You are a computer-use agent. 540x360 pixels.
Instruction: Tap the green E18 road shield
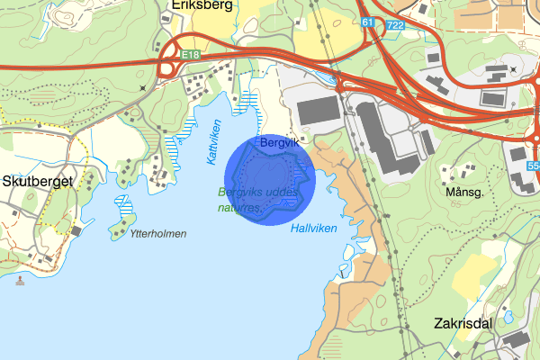click(x=189, y=55)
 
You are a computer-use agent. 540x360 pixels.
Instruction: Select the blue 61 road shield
click(x=367, y=21)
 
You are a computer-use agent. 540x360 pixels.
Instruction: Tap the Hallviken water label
click(x=314, y=229)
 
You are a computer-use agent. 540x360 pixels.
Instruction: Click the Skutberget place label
click(x=37, y=181)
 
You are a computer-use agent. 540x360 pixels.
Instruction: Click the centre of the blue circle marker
click(x=267, y=180)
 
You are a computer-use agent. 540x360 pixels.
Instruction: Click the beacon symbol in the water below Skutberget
click(x=20, y=280)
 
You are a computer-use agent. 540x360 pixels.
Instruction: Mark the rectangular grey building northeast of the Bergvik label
click(x=318, y=112)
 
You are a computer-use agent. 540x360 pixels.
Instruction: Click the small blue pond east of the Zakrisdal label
click(x=508, y=317)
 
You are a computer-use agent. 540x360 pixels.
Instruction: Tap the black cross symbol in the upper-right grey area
click(x=513, y=69)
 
